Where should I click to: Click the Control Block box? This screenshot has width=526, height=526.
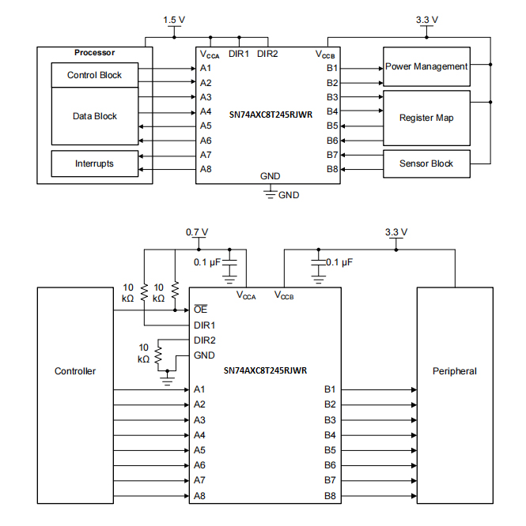pyautogui.click(x=94, y=76)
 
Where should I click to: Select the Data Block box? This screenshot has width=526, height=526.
pyautogui.click(x=94, y=116)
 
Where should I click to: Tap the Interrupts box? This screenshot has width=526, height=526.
pyautogui.click(x=94, y=163)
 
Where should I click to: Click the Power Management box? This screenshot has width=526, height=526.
pyautogui.click(x=426, y=67)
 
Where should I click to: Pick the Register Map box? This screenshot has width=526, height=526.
pyautogui.click(x=426, y=118)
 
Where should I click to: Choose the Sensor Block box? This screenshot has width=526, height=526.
pyautogui.click(x=426, y=163)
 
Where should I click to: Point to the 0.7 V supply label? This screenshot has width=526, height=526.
pyautogui.click(x=197, y=232)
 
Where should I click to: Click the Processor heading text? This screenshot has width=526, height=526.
pyautogui.click(x=94, y=53)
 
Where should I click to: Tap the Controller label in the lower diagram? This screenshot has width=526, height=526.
pyautogui.click(x=75, y=371)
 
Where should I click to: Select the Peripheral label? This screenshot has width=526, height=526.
pyautogui.click(x=455, y=371)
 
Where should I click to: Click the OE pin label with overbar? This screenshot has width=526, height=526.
pyautogui.click(x=200, y=310)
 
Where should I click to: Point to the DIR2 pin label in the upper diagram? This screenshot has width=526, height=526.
pyautogui.click(x=268, y=54)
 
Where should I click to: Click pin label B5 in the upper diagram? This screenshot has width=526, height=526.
pyautogui.click(x=332, y=126)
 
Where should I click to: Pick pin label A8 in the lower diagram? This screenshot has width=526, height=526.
pyautogui.click(x=200, y=495)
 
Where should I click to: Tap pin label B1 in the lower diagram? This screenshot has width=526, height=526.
pyautogui.click(x=330, y=389)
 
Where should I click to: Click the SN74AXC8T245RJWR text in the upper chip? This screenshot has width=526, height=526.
pyautogui.click(x=268, y=114)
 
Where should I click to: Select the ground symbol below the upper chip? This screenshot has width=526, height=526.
pyautogui.click(x=270, y=192)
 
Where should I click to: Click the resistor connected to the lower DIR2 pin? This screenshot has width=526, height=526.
pyautogui.click(x=158, y=355)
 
